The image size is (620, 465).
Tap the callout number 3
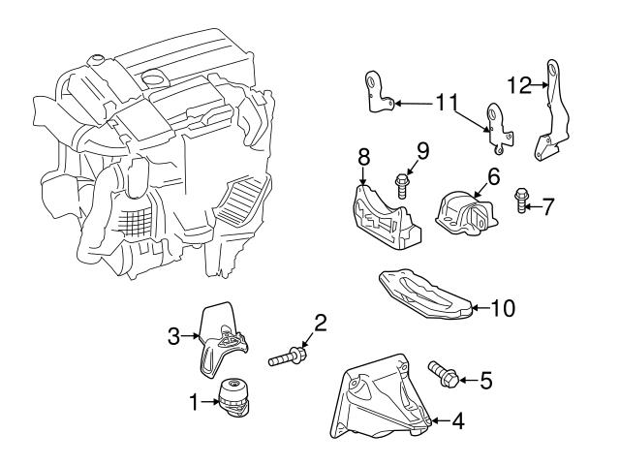[x=175, y=337]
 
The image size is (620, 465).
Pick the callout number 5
[x=485, y=381]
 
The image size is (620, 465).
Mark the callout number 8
[x=363, y=154]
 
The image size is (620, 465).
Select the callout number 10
[x=504, y=309]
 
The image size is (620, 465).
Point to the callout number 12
[x=519, y=85]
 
